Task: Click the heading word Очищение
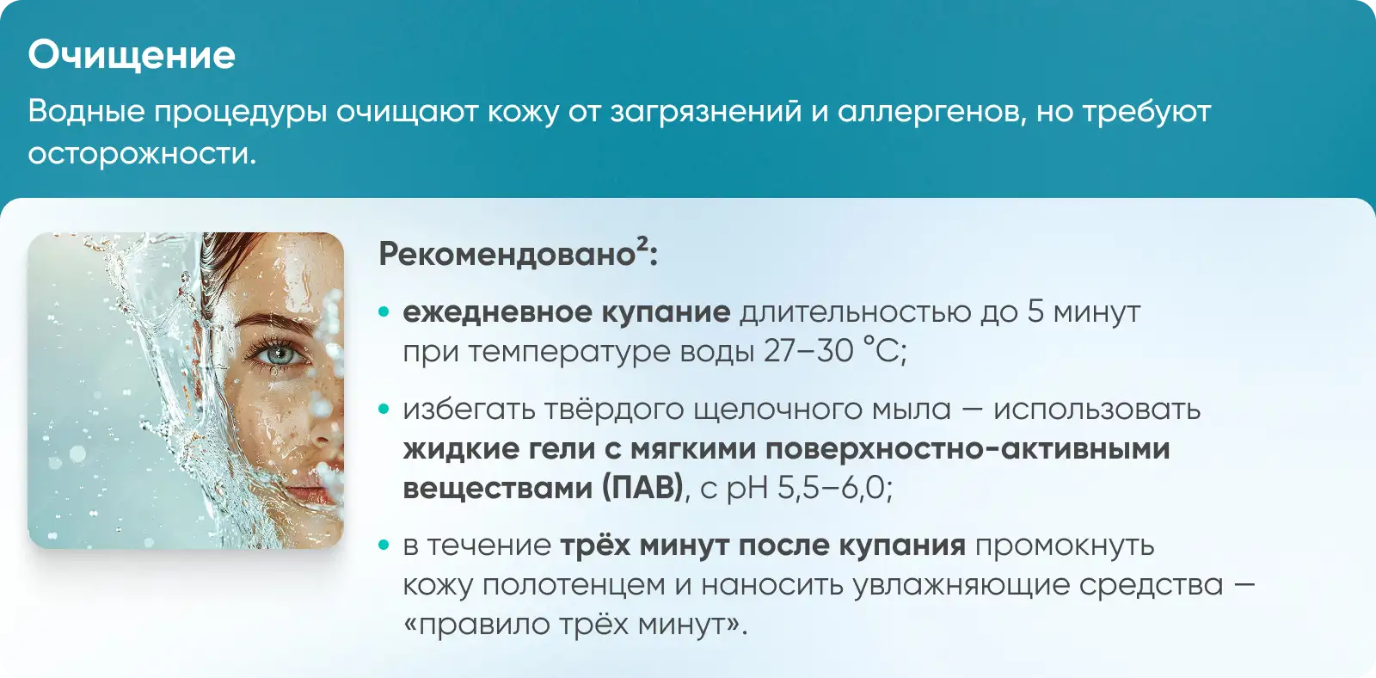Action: (132, 56)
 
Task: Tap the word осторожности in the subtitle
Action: (142, 153)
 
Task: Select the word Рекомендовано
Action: (507, 255)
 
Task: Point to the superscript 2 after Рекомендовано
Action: (642, 244)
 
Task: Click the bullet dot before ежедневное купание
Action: (384, 311)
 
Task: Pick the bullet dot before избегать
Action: (384, 409)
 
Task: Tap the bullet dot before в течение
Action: (384, 545)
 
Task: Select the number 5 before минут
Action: (1035, 311)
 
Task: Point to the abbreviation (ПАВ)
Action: (642, 488)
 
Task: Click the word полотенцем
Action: (574, 586)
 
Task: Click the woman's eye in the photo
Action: (280, 354)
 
